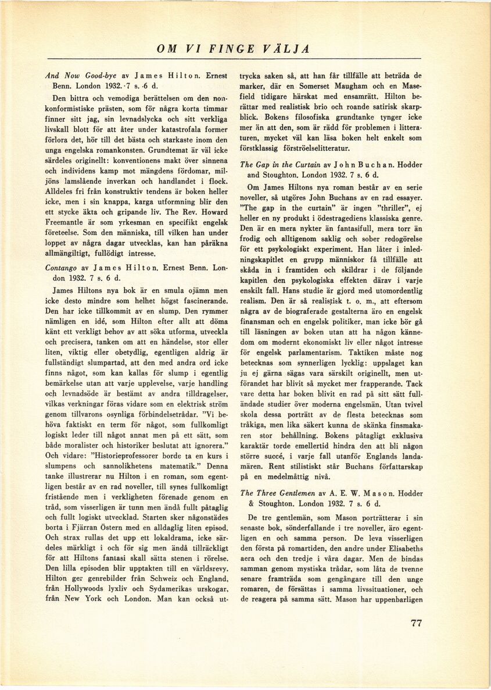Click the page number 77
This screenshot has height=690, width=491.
(x=416, y=623)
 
